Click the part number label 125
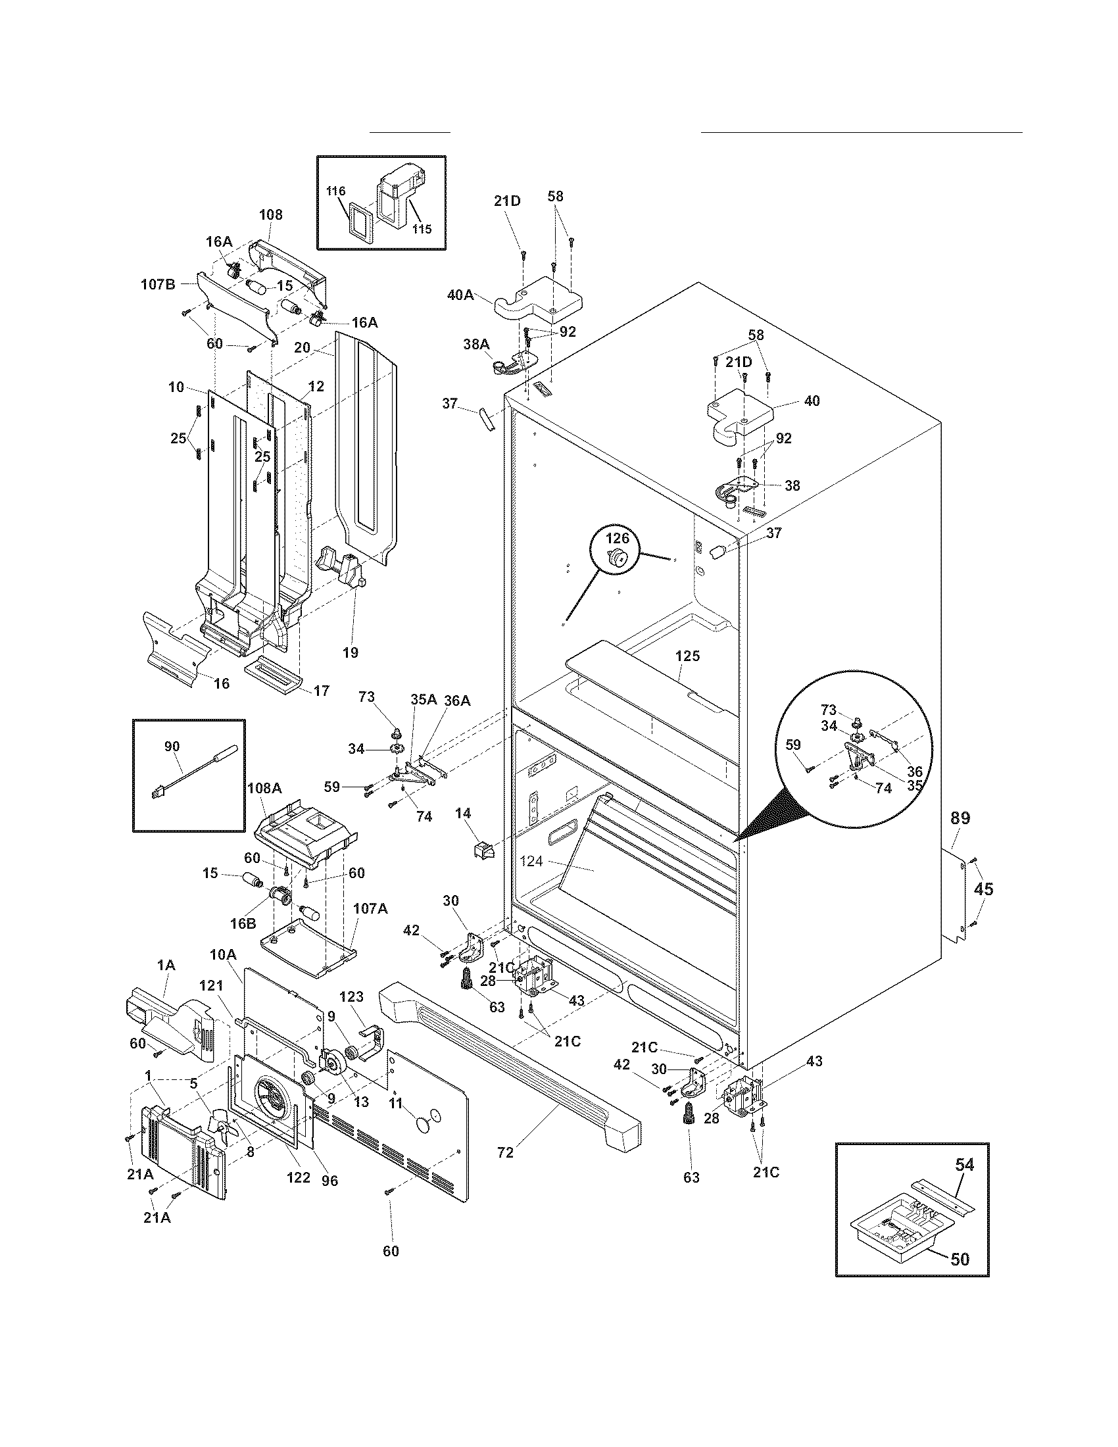tap(687, 656)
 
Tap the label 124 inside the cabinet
tap(531, 862)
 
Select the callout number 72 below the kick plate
tap(504, 1153)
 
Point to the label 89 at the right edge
tap(960, 818)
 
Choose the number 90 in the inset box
tap(172, 747)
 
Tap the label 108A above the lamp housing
tap(264, 789)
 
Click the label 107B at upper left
tap(158, 285)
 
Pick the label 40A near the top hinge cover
tap(460, 295)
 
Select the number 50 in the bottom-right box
tap(960, 1259)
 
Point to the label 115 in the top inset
tap(422, 229)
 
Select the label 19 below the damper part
tap(351, 652)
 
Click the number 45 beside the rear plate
tap(984, 889)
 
